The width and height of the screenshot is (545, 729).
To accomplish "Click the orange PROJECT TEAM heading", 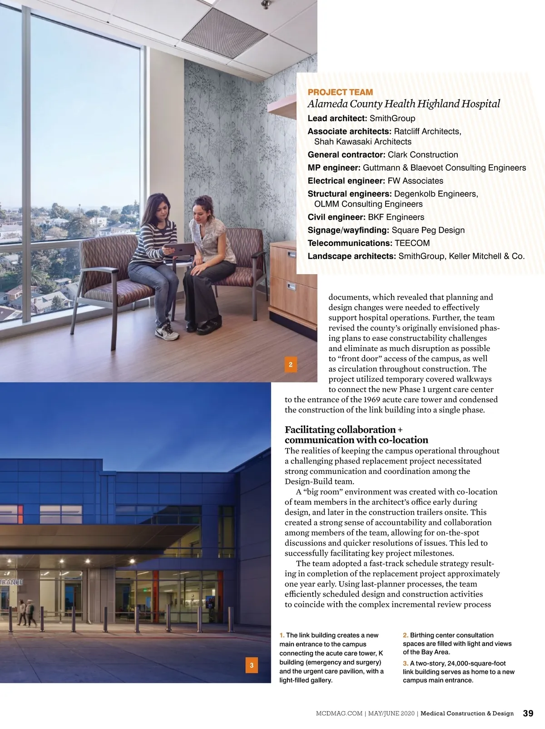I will pyautogui.click(x=340, y=92).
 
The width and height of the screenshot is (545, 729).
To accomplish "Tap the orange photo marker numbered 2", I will pyautogui.click(x=291, y=364).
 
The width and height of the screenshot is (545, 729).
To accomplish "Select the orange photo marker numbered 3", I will pyautogui.click(x=251, y=665).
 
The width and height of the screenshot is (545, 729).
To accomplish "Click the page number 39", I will pyautogui.click(x=528, y=713).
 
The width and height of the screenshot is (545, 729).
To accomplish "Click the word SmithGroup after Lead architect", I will pyautogui.click(x=392, y=118).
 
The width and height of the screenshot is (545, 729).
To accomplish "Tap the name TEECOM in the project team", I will pyautogui.click(x=412, y=243).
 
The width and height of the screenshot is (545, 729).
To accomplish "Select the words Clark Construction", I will pyautogui.click(x=423, y=155).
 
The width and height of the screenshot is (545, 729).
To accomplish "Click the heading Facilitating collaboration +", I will pyautogui.click(x=343, y=429).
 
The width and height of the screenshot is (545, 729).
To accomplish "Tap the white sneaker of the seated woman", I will pyautogui.click(x=166, y=332).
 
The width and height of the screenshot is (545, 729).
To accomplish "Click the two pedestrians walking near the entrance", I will pyautogui.click(x=27, y=611).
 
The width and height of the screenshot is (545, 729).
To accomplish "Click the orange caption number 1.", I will pyautogui.click(x=282, y=635).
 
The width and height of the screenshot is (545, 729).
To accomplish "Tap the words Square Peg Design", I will pyautogui.click(x=428, y=230).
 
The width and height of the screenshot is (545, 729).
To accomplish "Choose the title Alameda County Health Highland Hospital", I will pyautogui.click(x=404, y=104).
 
